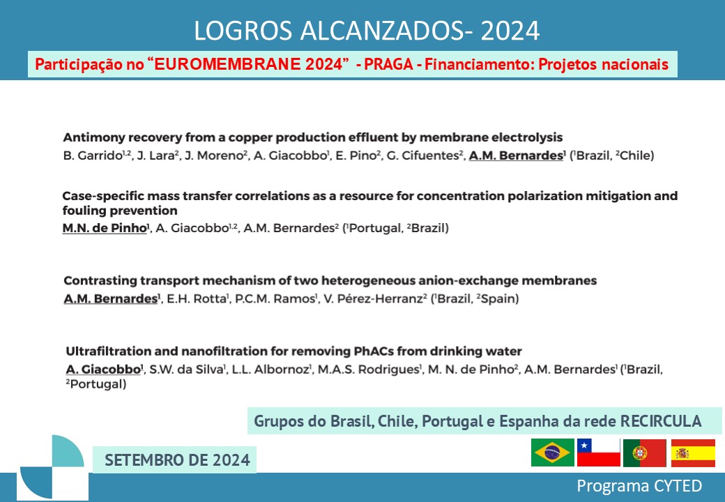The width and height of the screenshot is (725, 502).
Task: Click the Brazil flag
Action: [553, 452]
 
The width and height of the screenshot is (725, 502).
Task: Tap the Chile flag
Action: [598, 452]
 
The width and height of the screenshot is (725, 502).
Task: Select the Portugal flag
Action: [645, 453]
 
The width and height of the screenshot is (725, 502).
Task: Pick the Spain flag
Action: [693, 453]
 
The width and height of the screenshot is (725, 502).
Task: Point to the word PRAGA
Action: [389, 64]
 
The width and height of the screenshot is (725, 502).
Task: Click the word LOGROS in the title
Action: [243, 31]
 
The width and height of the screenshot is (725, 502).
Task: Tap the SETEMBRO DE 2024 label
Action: [177, 460]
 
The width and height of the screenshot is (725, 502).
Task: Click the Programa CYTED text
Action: [639, 486]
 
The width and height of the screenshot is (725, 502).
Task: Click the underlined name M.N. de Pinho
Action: [105, 228]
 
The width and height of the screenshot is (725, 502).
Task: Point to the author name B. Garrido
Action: [93, 155]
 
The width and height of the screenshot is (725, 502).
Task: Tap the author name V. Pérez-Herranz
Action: [373, 298]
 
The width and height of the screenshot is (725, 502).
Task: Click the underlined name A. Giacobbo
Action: [103, 370]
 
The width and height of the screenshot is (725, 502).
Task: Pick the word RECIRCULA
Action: [661, 421]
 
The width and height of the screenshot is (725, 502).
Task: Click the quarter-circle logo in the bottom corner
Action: [52, 467]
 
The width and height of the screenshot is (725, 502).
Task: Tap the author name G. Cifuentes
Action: [423, 155]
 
